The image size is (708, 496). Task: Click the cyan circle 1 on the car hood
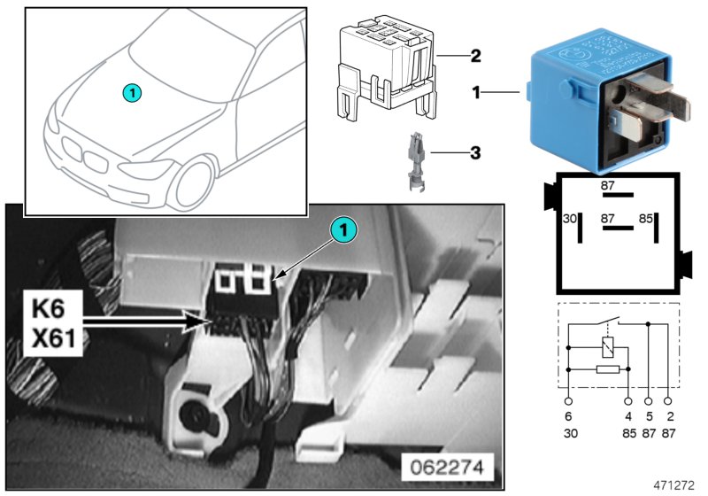coord(130,91)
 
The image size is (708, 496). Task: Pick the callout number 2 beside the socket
coord(475,57)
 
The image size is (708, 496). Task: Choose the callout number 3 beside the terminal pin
coord(475,152)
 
